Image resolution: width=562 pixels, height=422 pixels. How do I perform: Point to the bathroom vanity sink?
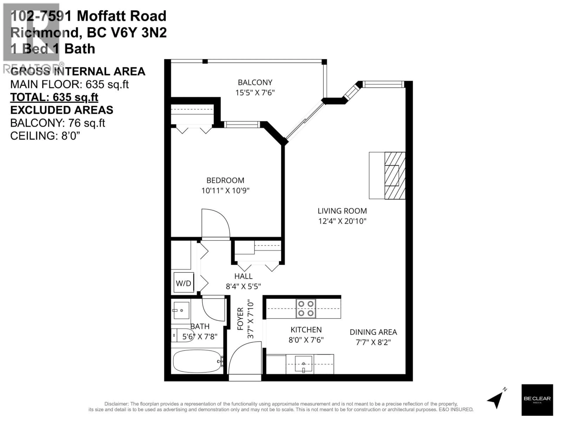coord(181,310)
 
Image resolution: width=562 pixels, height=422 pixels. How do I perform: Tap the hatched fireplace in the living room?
coord(395,176)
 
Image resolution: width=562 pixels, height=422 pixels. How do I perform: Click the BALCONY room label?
coord(255,82)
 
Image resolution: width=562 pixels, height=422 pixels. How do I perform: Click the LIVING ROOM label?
coord(342,211)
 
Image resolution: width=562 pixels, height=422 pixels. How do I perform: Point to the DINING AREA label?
coord(373,332)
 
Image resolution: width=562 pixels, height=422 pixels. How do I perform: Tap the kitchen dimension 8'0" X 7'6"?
coord(306,340)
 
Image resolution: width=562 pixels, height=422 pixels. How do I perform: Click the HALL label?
coord(243,276)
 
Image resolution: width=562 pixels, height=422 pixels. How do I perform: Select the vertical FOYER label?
coord(240,319)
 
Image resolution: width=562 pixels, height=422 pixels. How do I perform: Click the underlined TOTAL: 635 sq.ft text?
coord(54,97)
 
